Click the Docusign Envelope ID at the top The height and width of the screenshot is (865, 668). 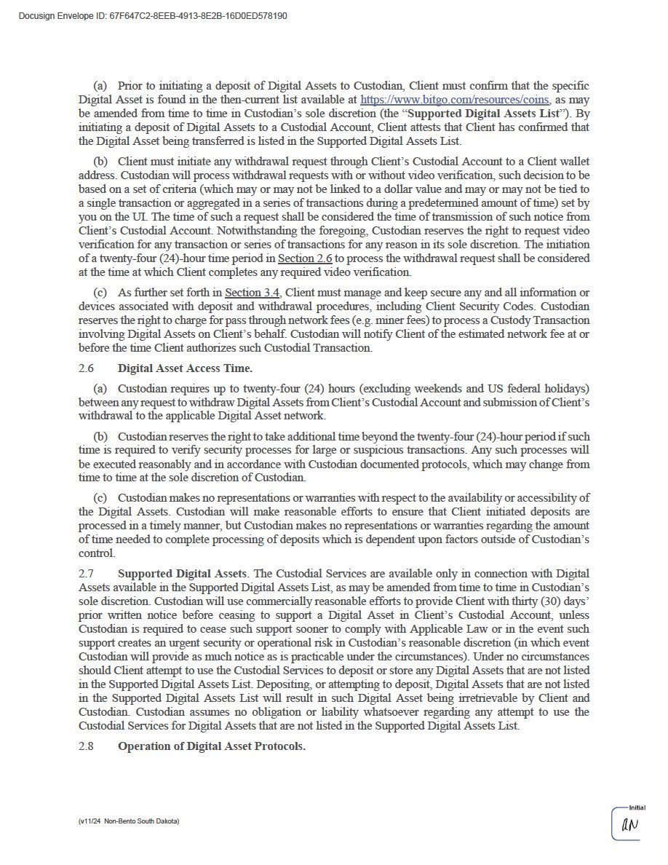[152, 16]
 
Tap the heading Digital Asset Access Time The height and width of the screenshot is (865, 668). [185, 368]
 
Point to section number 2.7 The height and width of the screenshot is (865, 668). [87, 574]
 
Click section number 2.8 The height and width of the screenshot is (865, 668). [87, 747]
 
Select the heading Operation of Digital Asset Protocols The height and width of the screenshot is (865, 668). [211, 747]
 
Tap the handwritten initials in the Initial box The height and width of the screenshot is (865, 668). [629, 826]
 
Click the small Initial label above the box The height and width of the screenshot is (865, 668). [637, 807]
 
